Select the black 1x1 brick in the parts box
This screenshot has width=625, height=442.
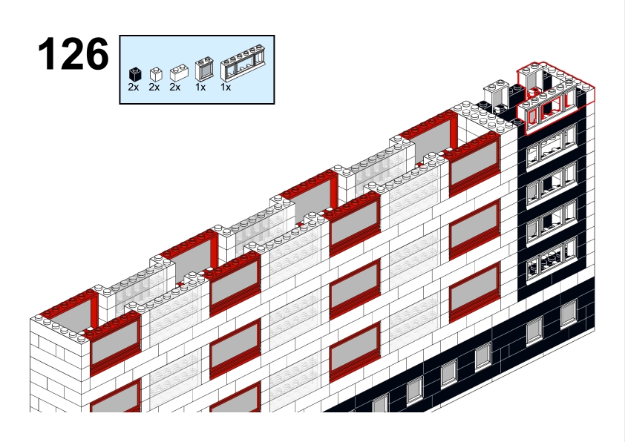tap(135, 74)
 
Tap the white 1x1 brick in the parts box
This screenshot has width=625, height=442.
tap(156, 74)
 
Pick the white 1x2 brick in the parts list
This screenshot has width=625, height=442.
tap(179, 73)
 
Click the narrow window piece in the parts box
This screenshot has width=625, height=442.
tap(204, 70)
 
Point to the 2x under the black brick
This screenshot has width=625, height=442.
tap(134, 88)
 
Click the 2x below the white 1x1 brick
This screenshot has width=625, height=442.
tap(154, 88)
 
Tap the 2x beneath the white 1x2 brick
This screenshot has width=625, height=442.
tap(175, 88)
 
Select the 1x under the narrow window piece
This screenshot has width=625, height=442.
tap(200, 88)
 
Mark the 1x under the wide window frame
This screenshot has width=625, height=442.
tap(226, 88)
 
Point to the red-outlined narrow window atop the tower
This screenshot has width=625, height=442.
tap(531, 79)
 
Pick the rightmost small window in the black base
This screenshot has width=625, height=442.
tap(569, 313)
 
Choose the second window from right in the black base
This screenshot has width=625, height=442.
tap(534, 330)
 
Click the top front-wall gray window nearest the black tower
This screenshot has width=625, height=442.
tap(474, 163)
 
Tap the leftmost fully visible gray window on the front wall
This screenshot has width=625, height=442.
tap(116, 342)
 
